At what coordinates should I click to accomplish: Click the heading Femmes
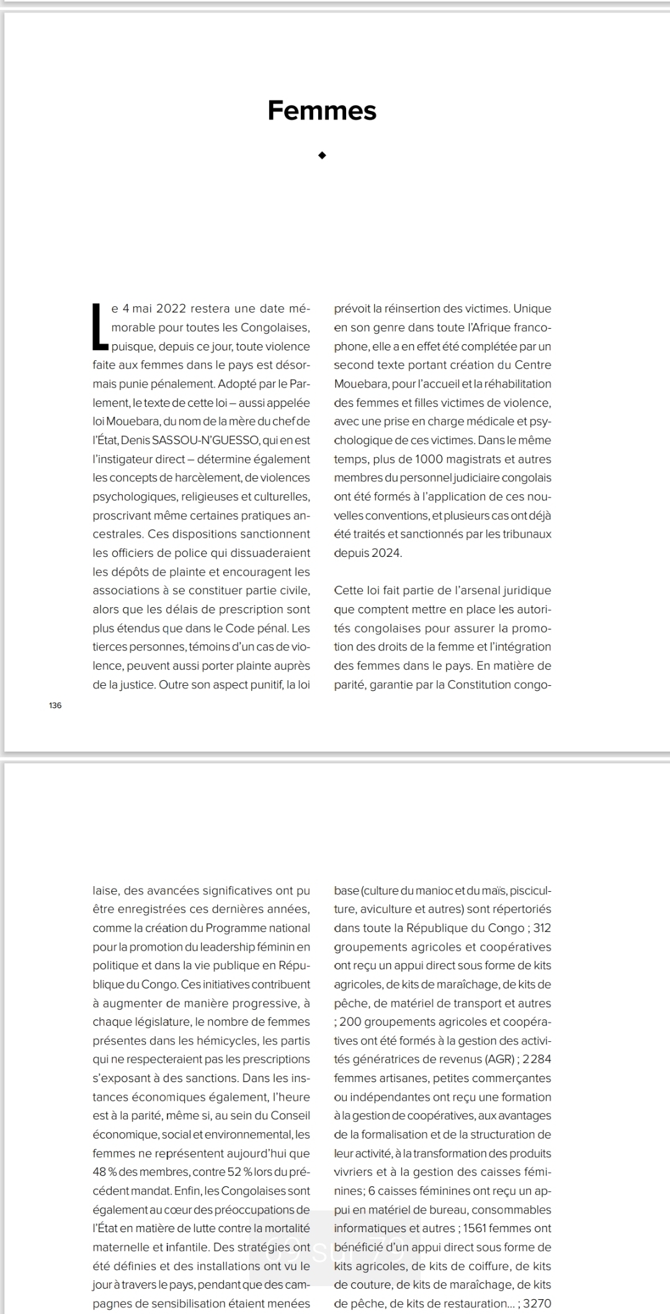point(322,110)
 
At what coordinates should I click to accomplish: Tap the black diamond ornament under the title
point(322,156)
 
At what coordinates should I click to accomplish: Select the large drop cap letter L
point(99,326)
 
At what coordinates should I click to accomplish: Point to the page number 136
point(55,706)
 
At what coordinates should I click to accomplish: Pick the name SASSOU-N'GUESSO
point(215,441)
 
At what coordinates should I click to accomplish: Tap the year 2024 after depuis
point(386,553)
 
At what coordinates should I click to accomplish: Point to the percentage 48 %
point(105,1172)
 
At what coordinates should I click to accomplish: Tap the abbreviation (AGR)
point(493,1060)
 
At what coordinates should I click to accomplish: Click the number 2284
point(537,1060)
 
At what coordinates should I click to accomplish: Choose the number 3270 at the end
point(537,1303)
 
